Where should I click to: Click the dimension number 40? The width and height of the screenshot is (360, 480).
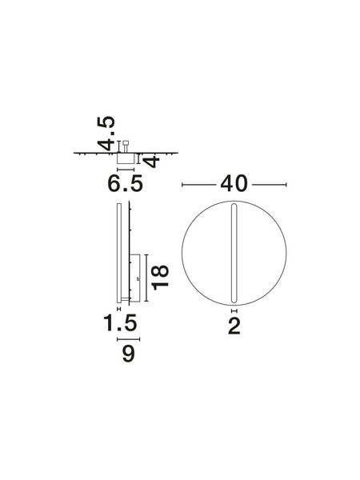click(x=234, y=184)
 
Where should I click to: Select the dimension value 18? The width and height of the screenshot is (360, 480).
click(x=161, y=278)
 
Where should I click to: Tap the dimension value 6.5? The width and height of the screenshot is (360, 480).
click(x=126, y=184)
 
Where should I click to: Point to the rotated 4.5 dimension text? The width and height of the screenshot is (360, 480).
click(x=106, y=134)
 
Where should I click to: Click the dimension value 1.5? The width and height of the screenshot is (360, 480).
click(x=120, y=323)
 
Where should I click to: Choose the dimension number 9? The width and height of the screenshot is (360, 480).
click(x=128, y=354)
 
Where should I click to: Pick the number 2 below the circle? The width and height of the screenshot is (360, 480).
click(x=234, y=326)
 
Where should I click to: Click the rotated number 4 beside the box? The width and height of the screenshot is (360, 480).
click(x=152, y=162)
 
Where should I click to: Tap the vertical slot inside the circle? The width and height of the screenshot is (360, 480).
click(x=234, y=254)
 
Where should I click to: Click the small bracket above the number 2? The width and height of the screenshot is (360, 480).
click(x=234, y=311)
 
